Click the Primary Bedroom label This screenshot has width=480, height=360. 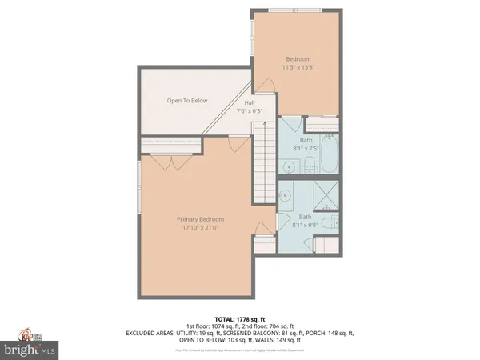tap(201, 219)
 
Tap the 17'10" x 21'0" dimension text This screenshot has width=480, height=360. tap(201, 227)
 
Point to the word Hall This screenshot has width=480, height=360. tap(249, 102)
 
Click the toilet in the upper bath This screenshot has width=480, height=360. tap(308, 165)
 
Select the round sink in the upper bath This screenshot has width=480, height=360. tap(287, 167)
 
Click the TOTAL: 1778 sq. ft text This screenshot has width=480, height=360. tap(239, 319)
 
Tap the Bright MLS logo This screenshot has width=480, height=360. tap(32, 350)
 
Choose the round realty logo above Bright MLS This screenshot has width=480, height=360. tap(32, 334)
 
